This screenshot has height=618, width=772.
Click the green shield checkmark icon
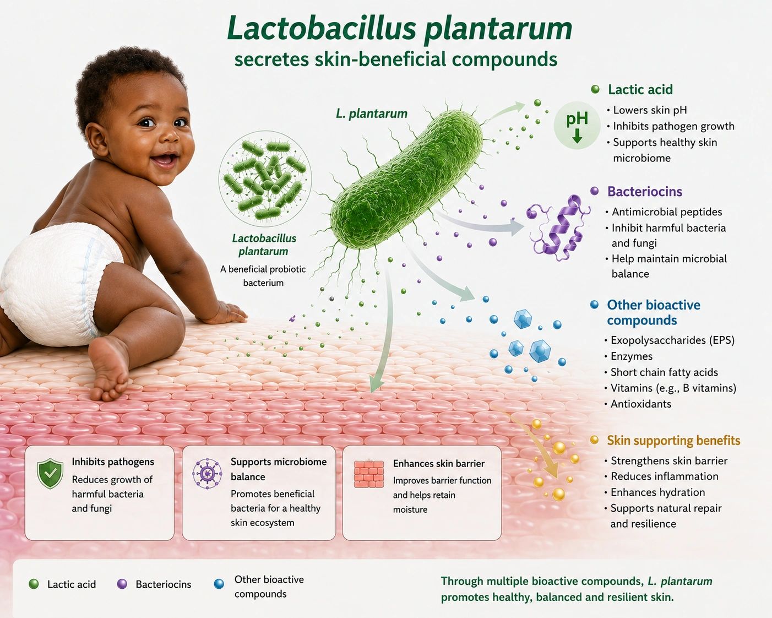pos(50,473)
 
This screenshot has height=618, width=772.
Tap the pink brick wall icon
pos(369,474)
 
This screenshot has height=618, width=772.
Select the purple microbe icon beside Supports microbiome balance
pos(207,473)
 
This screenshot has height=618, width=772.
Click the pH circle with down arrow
pos(577,125)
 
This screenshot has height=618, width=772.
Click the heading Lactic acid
pos(640,89)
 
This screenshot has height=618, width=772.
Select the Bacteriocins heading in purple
pos(645,191)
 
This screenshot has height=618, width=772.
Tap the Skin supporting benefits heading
pos(673,440)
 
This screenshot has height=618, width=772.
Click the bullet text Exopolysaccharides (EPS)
pos(673,340)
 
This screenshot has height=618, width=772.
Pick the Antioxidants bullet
pos(641,404)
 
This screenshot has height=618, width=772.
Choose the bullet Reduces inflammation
pos(665,476)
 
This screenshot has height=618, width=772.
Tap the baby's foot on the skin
pos(108,370)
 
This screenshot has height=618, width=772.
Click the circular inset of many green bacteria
pos(265,178)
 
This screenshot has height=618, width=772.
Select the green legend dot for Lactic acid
pos(34,584)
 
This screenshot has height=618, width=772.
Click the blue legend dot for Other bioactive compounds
pos(219,584)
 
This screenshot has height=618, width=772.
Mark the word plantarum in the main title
pos(498,29)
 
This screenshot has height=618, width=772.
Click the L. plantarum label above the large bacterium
pos(372,114)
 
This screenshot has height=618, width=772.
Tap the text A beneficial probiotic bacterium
pos(263,276)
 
